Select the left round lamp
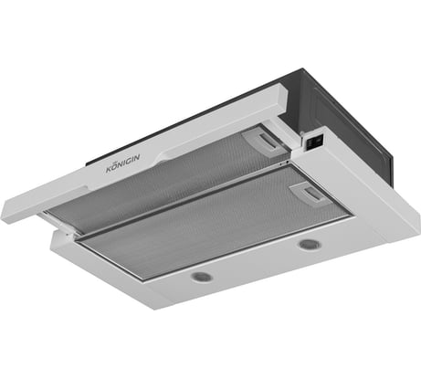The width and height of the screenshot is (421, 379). coord(203,276)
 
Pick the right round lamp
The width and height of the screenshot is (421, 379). coord(309,245)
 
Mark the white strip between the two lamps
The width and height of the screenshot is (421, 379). coord(256,263)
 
